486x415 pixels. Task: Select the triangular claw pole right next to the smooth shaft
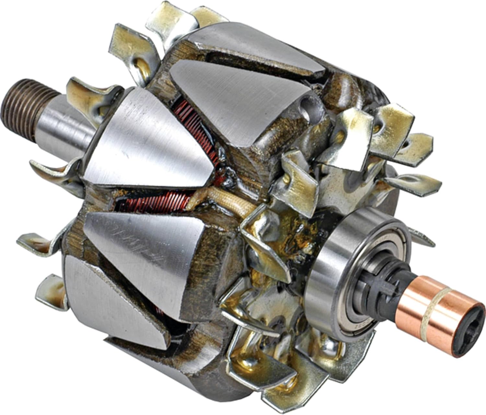click(x=146, y=139)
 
